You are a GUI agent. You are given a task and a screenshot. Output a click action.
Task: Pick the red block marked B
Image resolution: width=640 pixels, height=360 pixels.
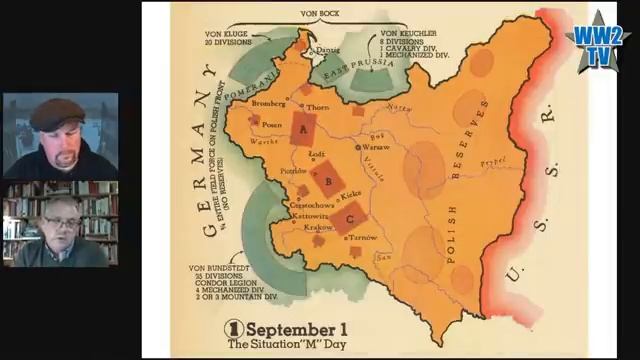tap(325, 181)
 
